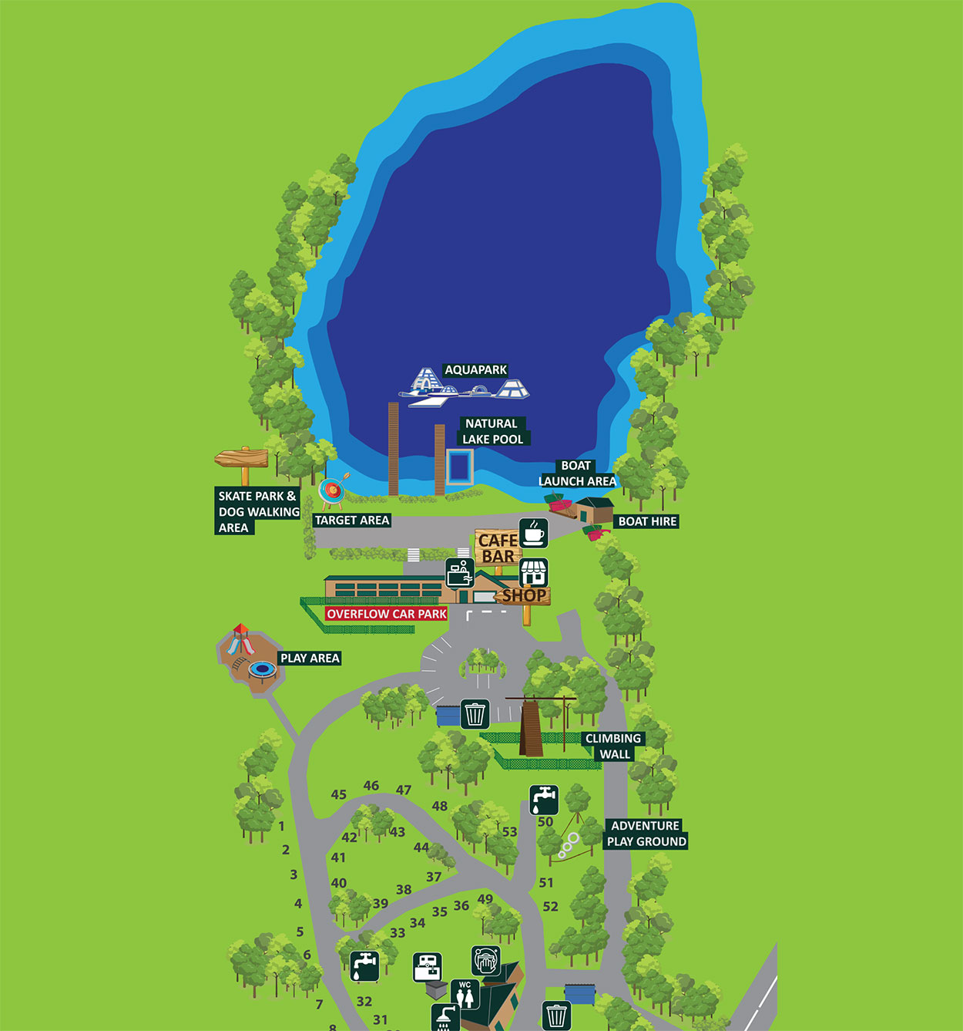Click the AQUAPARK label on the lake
click(475, 370)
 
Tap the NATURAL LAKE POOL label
click(492, 431)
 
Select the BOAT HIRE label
click(647, 521)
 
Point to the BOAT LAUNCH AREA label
click(577, 473)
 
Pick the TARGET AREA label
click(352, 521)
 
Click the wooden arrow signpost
click(242, 460)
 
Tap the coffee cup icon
click(533, 533)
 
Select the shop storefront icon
click(533, 573)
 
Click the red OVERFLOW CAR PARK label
click(386, 614)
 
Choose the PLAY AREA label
click(310, 658)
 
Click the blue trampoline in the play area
click(262, 670)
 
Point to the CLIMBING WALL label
click(613, 746)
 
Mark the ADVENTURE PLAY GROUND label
click(646, 834)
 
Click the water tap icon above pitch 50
click(544, 800)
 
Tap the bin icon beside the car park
click(475, 714)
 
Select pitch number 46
click(371, 786)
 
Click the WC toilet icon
click(465, 995)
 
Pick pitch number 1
click(281, 826)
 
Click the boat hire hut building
click(596, 510)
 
